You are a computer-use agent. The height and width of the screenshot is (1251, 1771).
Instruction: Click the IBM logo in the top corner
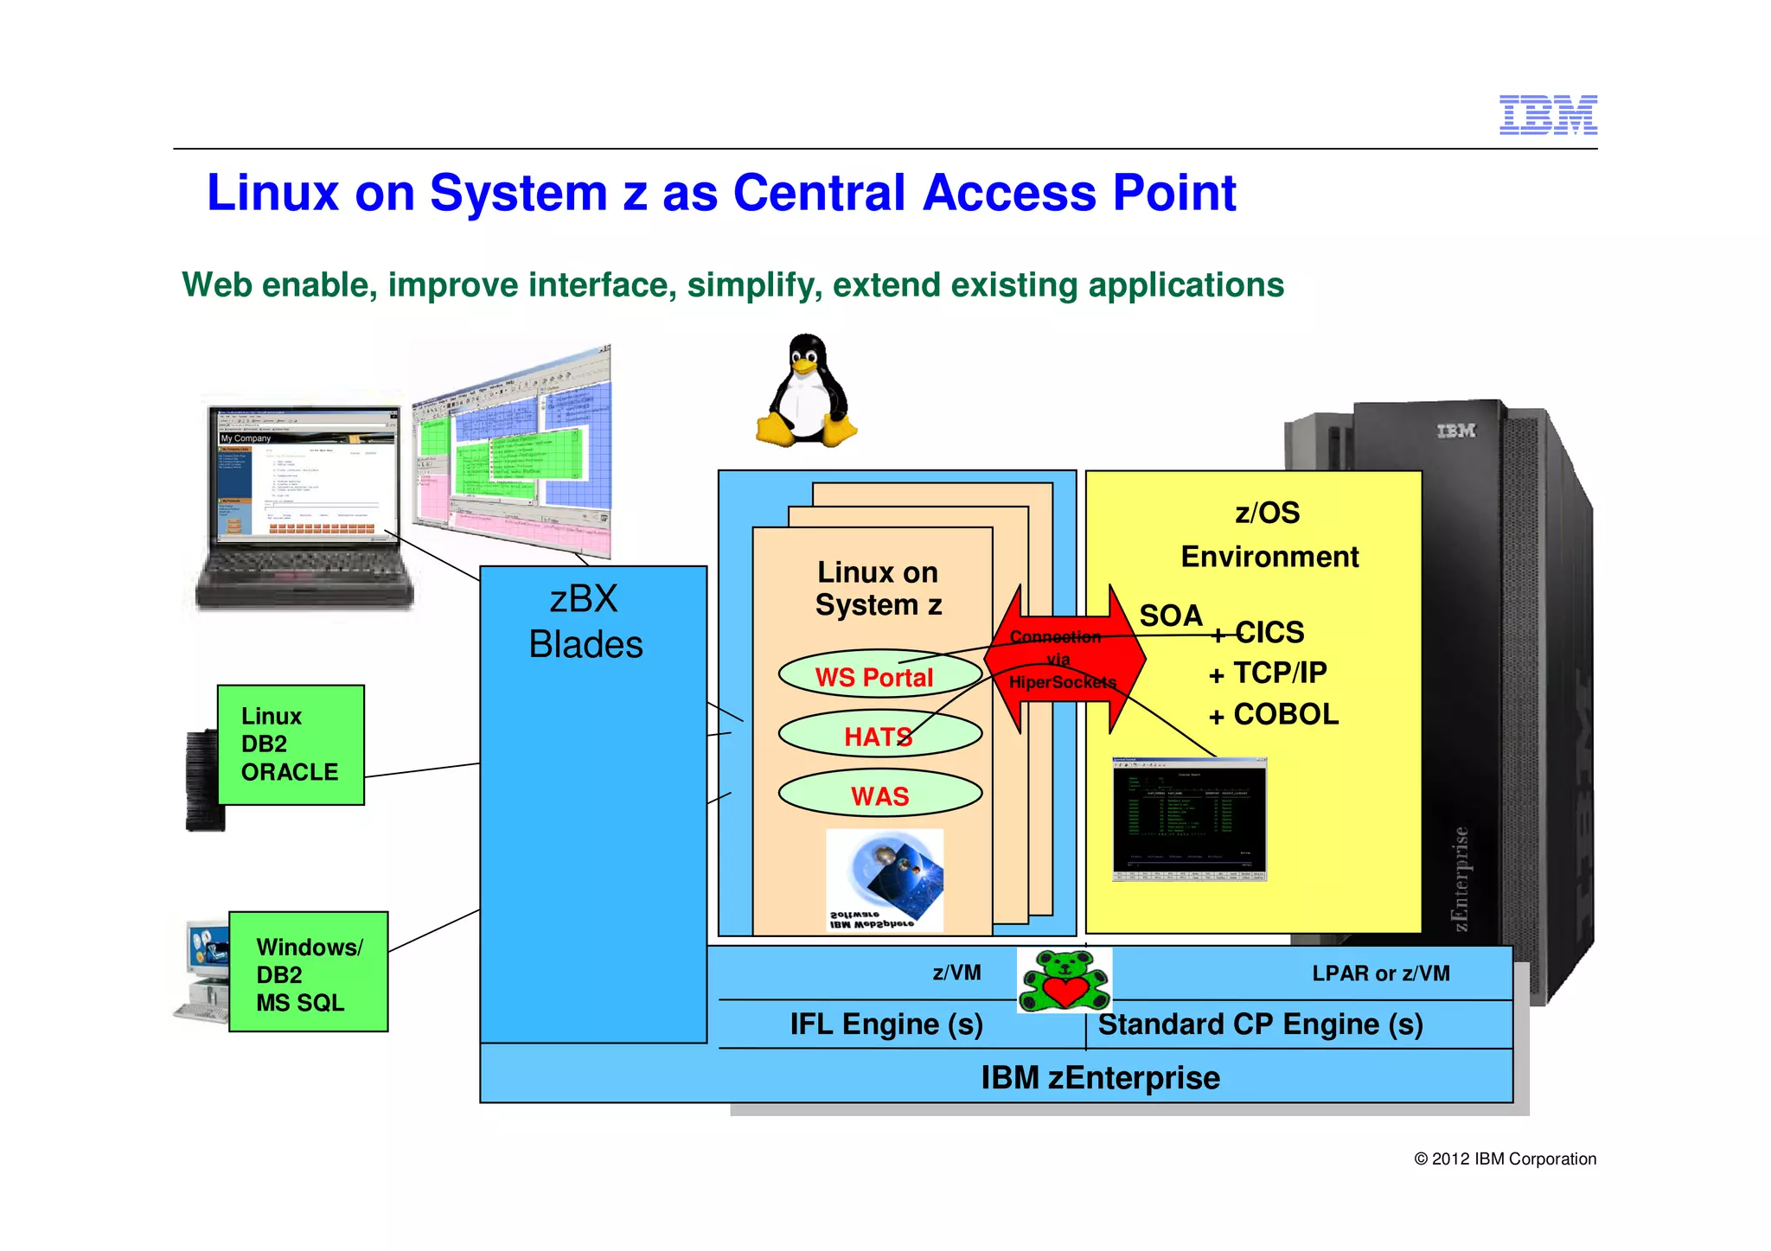pos(1547,115)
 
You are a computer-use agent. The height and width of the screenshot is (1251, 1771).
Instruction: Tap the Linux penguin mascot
pos(806,393)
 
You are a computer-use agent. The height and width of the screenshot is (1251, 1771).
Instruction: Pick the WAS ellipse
pos(879,795)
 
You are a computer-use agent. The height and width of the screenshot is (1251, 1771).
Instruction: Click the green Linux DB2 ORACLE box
pos(290,744)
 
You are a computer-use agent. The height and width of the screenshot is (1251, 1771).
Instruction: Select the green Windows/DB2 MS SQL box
pos(308,972)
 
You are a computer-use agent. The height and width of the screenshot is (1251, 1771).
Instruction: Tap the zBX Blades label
pos(585,622)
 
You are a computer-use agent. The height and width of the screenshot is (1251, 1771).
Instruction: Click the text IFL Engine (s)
pos(885,1024)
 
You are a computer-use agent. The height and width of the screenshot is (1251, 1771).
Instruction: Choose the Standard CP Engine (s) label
pos(1260,1024)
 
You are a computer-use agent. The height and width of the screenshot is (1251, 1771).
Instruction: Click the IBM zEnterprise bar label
pos(1100,1078)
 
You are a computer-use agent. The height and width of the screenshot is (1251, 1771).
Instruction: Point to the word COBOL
pos(1285,714)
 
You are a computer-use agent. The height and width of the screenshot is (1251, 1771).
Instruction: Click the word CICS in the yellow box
pos(1269,633)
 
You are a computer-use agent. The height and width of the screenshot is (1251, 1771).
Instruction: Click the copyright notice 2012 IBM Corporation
pos(1505,1159)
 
